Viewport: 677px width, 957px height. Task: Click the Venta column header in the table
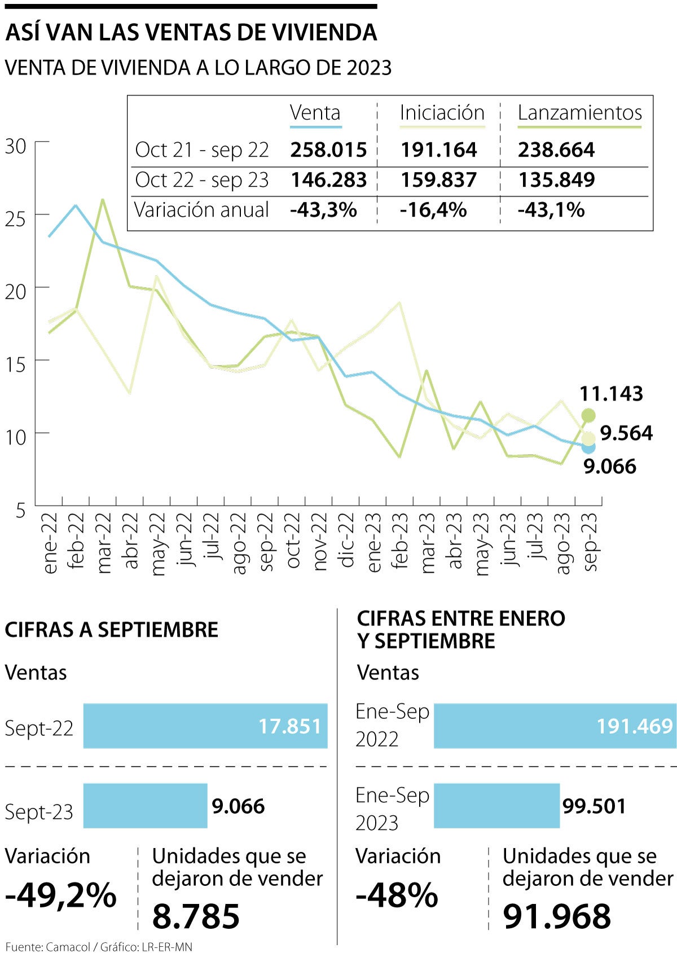click(x=315, y=113)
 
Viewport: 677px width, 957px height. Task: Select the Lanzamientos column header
click(x=579, y=113)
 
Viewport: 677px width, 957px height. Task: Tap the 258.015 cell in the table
click(x=328, y=150)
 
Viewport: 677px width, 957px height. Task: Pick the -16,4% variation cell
click(x=433, y=210)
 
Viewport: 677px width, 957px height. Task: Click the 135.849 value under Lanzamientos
click(x=556, y=180)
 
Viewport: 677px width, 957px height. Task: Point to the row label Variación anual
click(x=201, y=210)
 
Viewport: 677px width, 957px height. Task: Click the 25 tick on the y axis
click(x=16, y=218)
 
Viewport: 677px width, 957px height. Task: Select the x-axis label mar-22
click(x=104, y=543)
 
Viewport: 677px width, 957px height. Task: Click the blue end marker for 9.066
click(x=588, y=447)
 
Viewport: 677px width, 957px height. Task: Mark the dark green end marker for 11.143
click(x=588, y=416)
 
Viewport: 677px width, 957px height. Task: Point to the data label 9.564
click(x=626, y=433)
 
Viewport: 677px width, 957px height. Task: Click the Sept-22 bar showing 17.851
click(x=205, y=726)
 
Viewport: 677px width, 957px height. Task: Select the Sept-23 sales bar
click(x=145, y=806)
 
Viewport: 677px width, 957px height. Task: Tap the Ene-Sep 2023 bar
click(x=496, y=806)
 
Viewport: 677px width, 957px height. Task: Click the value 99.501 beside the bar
click(x=594, y=806)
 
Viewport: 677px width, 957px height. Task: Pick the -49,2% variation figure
click(x=61, y=895)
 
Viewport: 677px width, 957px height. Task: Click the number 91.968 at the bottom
click(x=557, y=916)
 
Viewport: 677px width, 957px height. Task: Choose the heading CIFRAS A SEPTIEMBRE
click(x=112, y=630)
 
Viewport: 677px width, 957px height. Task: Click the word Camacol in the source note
click(x=68, y=947)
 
